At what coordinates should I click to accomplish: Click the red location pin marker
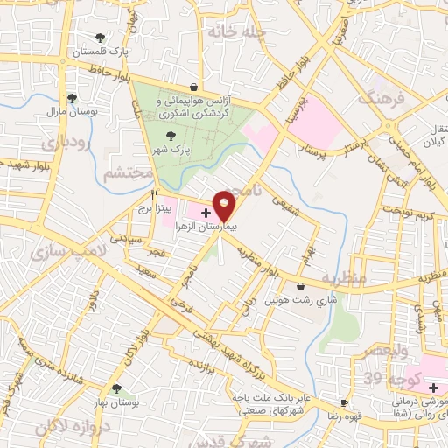(224, 205)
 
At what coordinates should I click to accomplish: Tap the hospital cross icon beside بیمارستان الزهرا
(206, 213)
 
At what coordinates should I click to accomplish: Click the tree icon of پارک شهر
(171, 136)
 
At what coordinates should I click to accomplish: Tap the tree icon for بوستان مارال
(71, 98)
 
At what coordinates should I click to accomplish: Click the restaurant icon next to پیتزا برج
(156, 193)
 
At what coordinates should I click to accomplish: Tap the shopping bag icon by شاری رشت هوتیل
(302, 286)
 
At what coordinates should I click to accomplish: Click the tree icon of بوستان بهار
(115, 388)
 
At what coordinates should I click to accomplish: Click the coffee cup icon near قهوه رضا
(345, 403)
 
